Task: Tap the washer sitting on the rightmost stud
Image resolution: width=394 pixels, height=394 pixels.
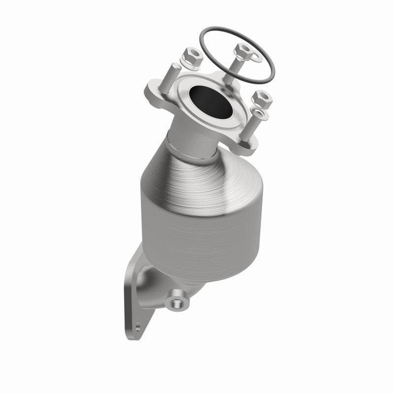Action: pos(261,115)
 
